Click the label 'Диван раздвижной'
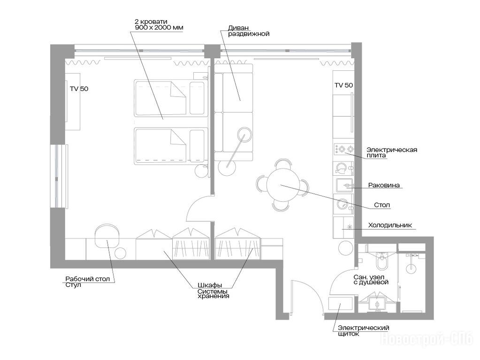(x=249, y=31)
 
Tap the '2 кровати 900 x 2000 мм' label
(x=159, y=24)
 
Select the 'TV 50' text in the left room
(x=79, y=89)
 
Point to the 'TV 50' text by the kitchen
(x=344, y=85)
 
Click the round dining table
(x=282, y=185)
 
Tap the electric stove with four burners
(x=343, y=149)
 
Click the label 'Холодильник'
(x=390, y=225)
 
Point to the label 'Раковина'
(x=384, y=185)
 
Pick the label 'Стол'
(x=382, y=205)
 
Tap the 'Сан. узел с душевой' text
(x=371, y=279)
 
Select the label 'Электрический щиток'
(x=364, y=330)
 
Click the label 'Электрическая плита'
(x=392, y=152)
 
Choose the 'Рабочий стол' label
(x=88, y=279)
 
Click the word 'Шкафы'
(x=210, y=285)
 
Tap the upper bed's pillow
(x=197, y=98)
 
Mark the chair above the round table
(x=282, y=164)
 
